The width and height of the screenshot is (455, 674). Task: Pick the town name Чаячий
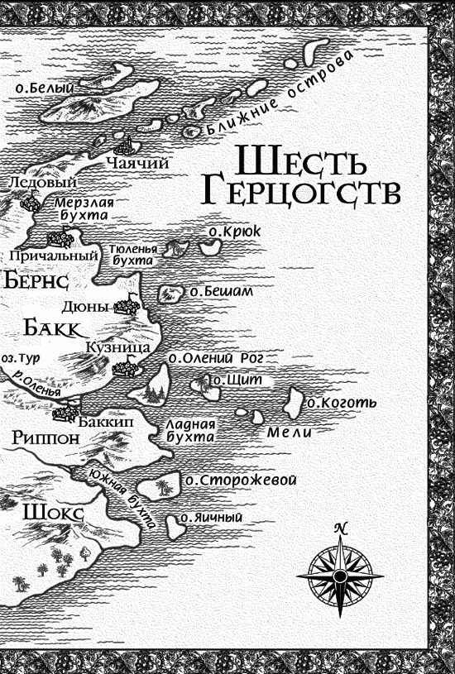[x=137, y=163]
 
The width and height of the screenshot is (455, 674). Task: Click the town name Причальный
[x=50, y=256]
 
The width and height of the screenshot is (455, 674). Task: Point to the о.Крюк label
[x=235, y=232]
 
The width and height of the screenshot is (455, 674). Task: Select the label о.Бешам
[x=221, y=291]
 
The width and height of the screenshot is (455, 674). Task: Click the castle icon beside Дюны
[x=126, y=306]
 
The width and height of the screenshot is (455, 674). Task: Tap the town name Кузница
[x=117, y=348]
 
